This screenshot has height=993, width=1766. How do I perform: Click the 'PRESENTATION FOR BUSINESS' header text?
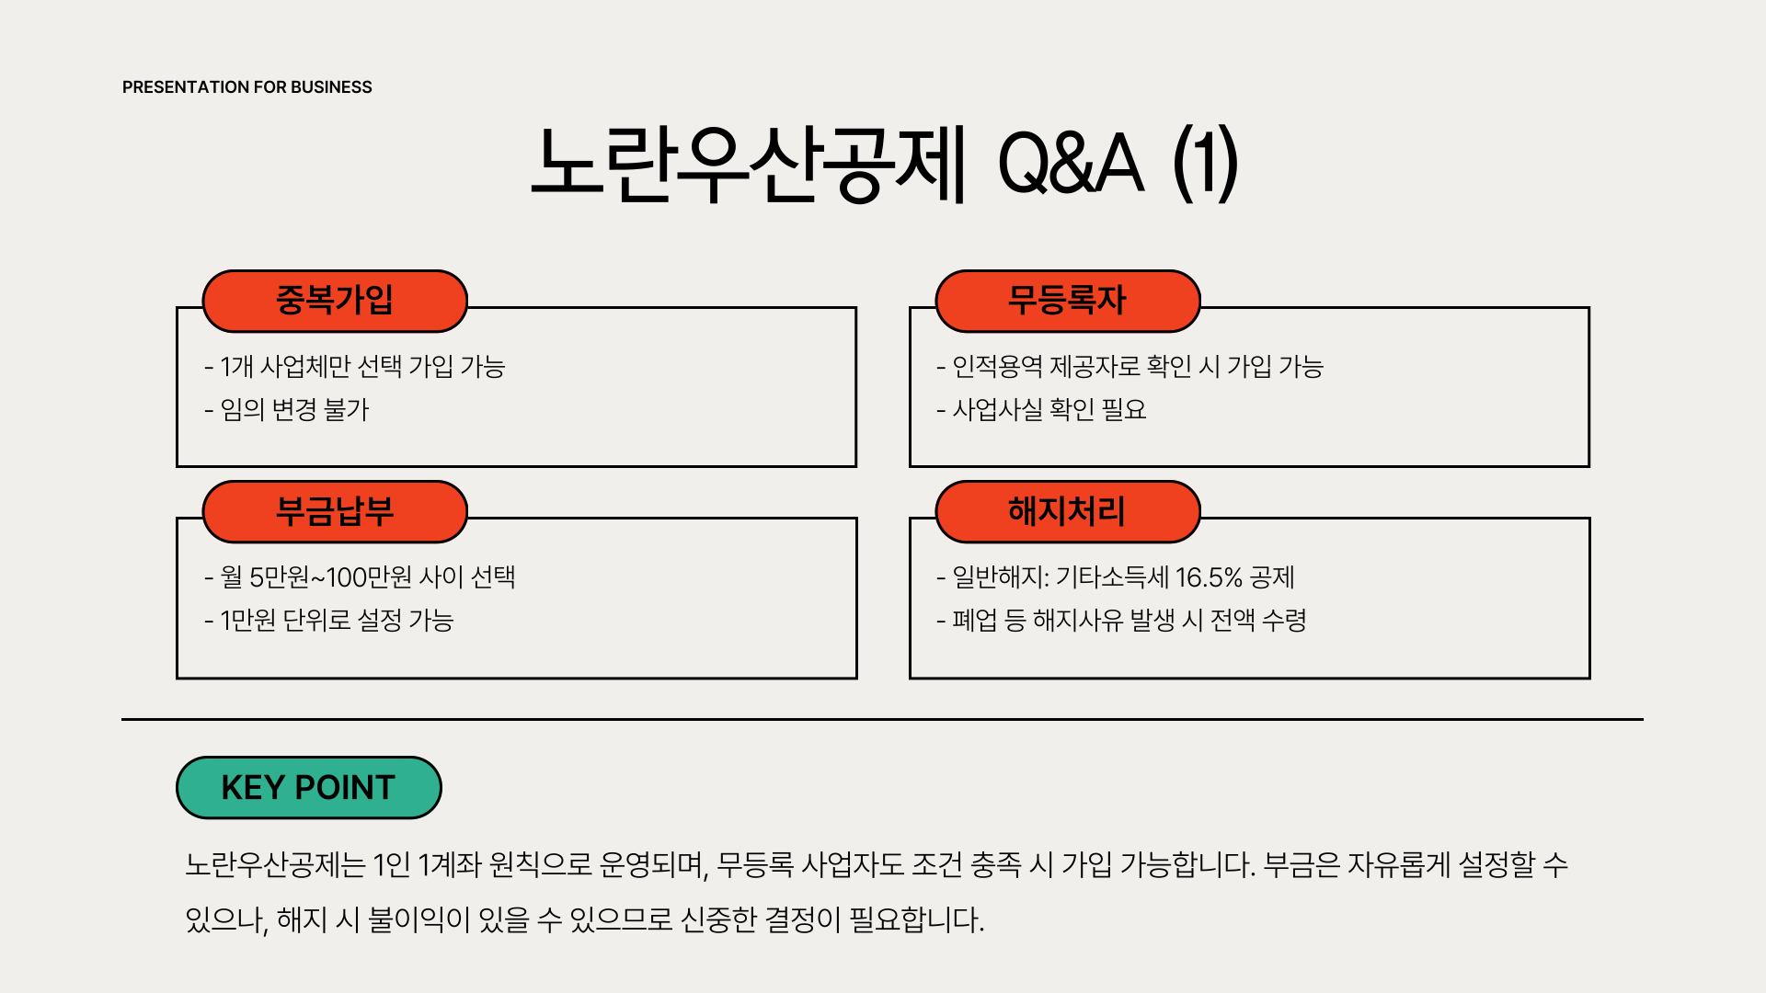pos(247,87)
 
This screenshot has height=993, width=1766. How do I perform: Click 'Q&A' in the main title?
pos(1071,165)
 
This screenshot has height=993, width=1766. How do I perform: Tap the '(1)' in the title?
pos(1206,165)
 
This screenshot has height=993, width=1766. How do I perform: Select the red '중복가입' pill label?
pos(335,301)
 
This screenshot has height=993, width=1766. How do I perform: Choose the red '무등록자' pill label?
pos(1067,301)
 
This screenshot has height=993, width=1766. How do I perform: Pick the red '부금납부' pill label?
pos(335,511)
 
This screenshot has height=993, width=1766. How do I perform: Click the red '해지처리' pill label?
pos(1067,511)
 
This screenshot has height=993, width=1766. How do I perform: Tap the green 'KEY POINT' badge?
pos(308,788)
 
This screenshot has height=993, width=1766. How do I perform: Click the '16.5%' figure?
pos(1209,577)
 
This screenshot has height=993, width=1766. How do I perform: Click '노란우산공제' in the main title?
pos(749,165)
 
